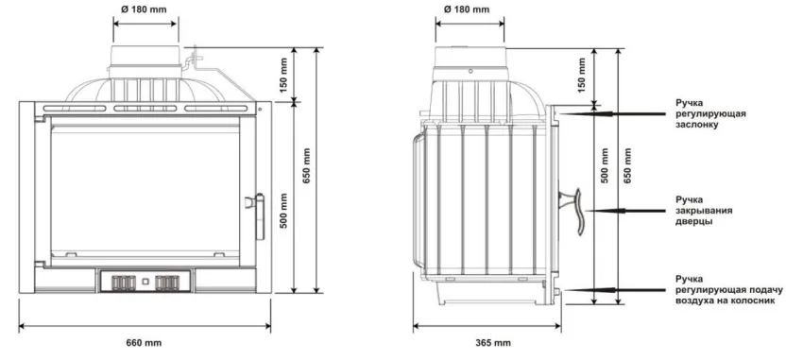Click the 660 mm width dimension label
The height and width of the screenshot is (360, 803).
[x=144, y=343]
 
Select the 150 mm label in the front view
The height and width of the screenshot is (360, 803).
[x=284, y=75]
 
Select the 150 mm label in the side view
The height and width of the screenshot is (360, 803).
[x=581, y=75]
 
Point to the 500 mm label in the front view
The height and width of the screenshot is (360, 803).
[x=284, y=211]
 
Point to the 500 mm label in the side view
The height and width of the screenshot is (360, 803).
[x=606, y=166]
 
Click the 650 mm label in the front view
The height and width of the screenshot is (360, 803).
[x=306, y=166]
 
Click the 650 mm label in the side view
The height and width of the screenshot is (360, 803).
[x=628, y=166]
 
